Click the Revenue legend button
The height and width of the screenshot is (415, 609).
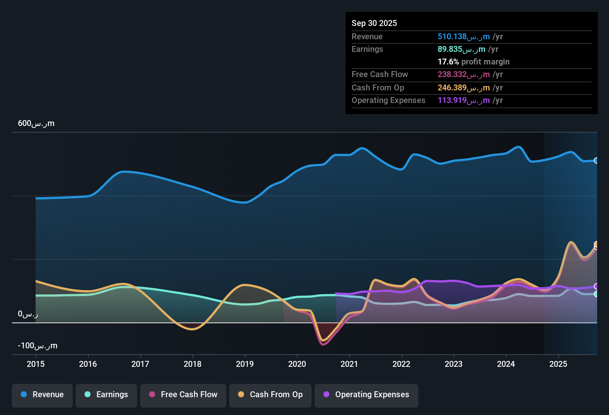pos(42,395)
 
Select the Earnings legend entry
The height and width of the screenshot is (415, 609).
pos(106,395)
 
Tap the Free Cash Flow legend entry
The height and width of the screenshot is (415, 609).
pos(183,395)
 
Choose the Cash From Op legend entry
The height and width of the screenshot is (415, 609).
pos(270,395)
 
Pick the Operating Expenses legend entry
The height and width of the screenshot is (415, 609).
pos(366,395)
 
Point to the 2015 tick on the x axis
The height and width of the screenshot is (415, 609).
pos(36,364)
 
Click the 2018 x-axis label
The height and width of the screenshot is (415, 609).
pos(192,364)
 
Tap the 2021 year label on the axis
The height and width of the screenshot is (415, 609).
pos(349,364)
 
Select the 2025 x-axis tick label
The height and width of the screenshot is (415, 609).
pos(558,364)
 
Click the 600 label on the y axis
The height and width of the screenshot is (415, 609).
pos(36,123)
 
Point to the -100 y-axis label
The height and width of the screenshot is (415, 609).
pos(37,346)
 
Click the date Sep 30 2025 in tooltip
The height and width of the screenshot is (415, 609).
pos(374,23)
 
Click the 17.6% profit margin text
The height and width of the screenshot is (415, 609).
pos(473,62)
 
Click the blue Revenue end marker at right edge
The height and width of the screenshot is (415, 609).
pos(596,160)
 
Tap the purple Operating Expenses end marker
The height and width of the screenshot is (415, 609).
pos(596,286)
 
